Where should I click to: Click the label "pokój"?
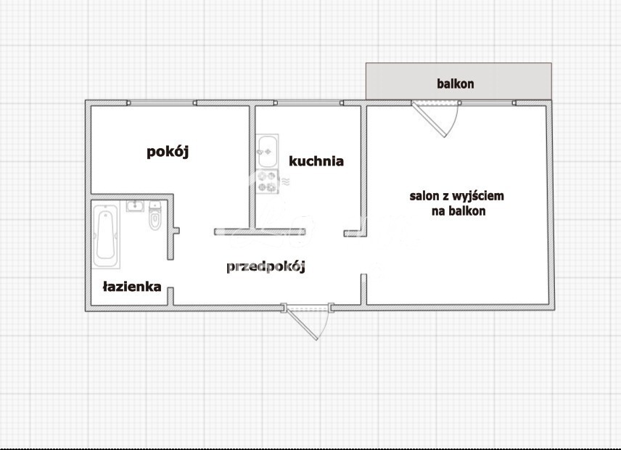pyautogui.click(x=168, y=152)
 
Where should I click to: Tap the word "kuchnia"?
pyautogui.click(x=316, y=161)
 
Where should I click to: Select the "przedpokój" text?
pyautogui.click(x=266, y=266)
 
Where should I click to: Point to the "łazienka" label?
pyautogui.click(x=131, y=287)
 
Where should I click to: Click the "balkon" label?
pyautogui.click(x=455, y=83)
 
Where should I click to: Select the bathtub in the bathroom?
pyautogui.click(x=106, y=235)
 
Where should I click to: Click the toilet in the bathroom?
pyautogui.click(x=154, y=218)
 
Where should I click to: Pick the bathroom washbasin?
pyautogui.click(x=134, y=206)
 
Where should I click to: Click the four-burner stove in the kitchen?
pyautogui.click(x=267, y=181)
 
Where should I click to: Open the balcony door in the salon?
pyautogui.click(x=435, y=116)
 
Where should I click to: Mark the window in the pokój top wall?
pyautogui.click(x=162, y=103)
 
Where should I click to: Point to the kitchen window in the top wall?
pyautogui.click(x=308, y=103)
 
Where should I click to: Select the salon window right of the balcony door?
pyautogui.click(x=501, y=103)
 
